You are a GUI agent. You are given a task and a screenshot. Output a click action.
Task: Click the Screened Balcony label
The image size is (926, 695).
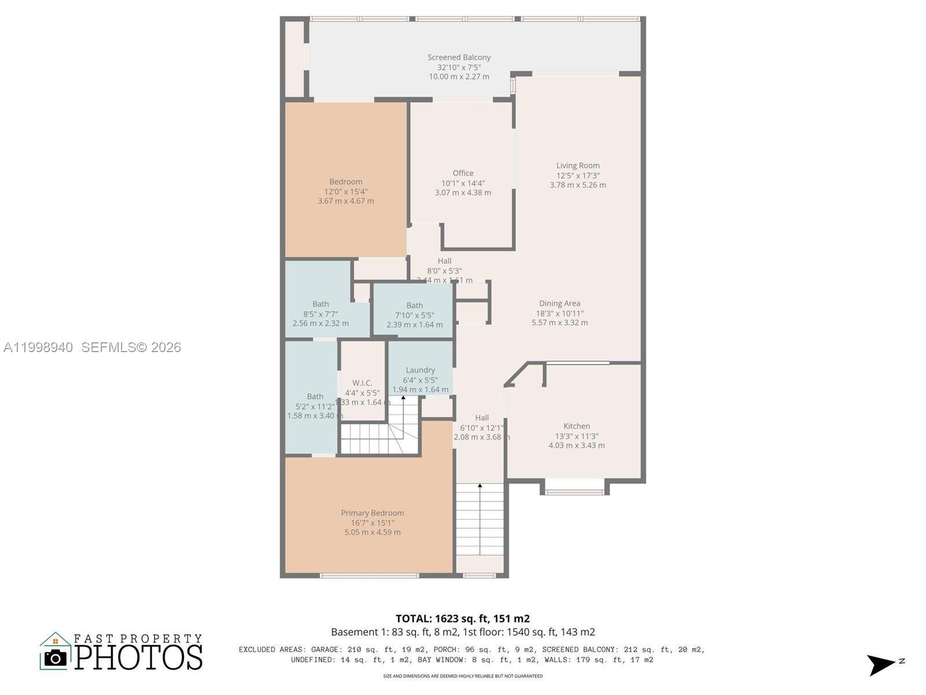(459, 57)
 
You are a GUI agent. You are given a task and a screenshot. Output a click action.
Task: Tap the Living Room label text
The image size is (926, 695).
(578, 166)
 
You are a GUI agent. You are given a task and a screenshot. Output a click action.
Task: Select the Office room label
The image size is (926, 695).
(463, 173)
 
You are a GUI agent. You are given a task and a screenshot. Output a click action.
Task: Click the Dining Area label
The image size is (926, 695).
(559, 303)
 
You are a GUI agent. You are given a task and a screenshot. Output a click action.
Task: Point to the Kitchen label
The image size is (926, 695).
(576, 426)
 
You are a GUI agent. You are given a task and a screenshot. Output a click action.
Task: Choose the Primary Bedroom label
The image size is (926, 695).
(372, 513)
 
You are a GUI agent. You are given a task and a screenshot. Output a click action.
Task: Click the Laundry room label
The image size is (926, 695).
(420, 370)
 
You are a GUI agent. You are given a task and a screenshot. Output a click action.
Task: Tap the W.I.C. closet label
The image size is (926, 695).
(362, 383)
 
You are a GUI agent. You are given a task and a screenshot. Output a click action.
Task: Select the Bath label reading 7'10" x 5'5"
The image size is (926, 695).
(414, 315)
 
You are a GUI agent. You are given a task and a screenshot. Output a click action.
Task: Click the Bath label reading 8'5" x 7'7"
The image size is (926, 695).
(320, 313)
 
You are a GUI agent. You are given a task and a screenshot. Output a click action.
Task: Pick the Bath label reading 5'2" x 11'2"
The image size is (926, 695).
(315, 407)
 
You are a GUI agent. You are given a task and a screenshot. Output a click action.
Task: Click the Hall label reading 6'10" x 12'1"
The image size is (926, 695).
(482, 427)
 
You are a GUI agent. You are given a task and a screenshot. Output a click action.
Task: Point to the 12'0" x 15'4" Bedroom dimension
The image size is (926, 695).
(346, 192)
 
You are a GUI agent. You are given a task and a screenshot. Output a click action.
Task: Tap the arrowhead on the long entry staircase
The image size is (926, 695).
(480, 486)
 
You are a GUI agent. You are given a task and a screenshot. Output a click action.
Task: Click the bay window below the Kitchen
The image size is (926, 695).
(575, 492)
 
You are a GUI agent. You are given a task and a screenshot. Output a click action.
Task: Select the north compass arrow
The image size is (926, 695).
(881, 664)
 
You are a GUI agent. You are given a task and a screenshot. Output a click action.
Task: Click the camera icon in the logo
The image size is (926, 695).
(56, 658)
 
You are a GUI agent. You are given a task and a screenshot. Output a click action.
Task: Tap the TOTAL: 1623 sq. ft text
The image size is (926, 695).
(462, 619)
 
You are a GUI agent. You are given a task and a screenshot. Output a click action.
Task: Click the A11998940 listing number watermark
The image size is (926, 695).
(38, 348)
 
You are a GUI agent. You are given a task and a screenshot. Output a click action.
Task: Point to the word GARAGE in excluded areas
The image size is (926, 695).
(326, 650)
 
